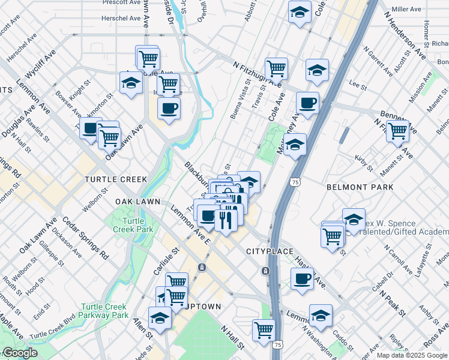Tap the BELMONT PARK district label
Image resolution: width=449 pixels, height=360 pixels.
tap(360, 187)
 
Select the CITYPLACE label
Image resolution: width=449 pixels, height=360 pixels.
tap(270, 251)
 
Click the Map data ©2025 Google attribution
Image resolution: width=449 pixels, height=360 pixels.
tap(412, 355)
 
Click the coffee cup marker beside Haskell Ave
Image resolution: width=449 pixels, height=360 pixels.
tap(302, 277)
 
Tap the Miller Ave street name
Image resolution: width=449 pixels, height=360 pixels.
tap(406, 10)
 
